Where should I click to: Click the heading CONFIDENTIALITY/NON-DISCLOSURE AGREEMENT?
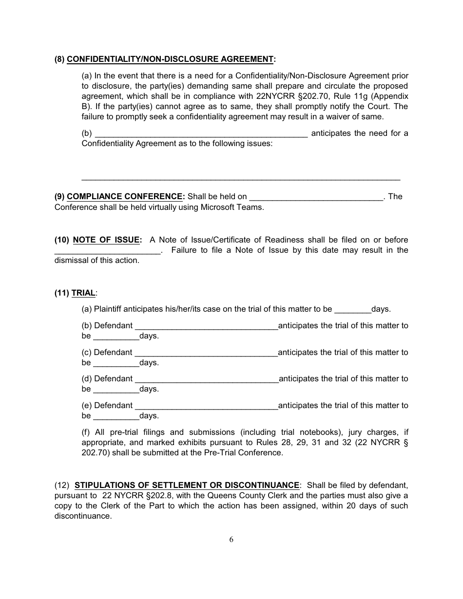[x=170, y=59]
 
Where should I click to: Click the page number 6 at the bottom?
[x=231, y=539]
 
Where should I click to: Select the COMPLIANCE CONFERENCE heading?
[x=124, y=197]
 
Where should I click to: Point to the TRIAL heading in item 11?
[x=83, y=293]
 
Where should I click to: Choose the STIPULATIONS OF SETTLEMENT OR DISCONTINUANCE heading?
[x=187, y=485]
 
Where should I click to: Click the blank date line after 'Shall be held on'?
[x=316, y=198]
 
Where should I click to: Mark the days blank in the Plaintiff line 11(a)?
[x=353, y=310]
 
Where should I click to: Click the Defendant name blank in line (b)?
[x=206, y=327]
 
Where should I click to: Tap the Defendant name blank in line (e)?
[x=206, y=407]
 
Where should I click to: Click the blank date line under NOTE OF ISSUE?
[x=107, y=251]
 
